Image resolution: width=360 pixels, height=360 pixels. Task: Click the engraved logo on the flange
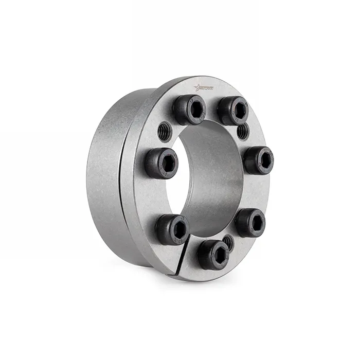(205, 88)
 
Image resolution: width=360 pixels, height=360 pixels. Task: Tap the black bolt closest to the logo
(189, 110)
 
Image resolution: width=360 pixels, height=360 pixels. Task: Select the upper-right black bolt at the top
(232, 111)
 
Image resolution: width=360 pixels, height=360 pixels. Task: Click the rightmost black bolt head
(258, 160)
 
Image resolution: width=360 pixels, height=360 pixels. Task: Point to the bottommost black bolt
(214, 254)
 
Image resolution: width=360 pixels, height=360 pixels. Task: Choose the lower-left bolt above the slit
(172, 229)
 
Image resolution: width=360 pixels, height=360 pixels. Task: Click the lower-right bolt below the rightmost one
(250, 223)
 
